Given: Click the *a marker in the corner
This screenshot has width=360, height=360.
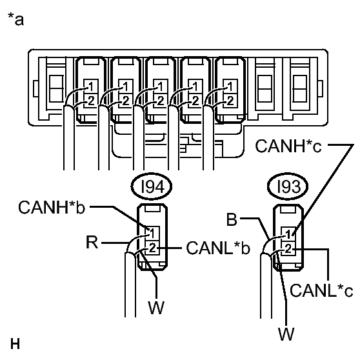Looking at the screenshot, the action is click(15, 19).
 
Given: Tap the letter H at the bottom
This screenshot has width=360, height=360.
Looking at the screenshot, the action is click(15, 344).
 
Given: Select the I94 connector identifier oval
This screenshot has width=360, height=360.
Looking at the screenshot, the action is click(152, 186).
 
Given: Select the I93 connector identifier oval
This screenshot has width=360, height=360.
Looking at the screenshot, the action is click(288, 186).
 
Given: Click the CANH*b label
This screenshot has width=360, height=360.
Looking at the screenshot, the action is click(52, 207).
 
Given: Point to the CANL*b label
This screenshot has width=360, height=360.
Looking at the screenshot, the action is click(218, 248).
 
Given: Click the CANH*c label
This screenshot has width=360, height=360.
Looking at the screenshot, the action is click(288, 146).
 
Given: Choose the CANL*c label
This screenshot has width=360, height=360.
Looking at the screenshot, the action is click(321, 290).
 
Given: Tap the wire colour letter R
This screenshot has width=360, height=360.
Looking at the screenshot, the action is click(92, 242).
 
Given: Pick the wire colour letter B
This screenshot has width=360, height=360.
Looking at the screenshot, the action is click(232, 219).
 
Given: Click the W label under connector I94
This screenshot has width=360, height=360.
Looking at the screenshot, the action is click(156, 307).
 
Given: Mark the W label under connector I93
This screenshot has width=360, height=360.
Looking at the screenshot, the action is click(286, 334).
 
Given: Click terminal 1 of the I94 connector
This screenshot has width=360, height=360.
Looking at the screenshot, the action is click(152, 234).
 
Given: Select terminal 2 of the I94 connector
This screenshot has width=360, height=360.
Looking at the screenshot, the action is click(152, 248).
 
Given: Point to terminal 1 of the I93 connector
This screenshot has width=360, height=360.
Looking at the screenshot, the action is click(288, 234).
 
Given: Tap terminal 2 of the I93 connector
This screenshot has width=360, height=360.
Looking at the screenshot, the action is click(288, 248).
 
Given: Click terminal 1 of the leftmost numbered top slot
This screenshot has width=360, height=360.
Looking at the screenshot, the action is click(91, 86).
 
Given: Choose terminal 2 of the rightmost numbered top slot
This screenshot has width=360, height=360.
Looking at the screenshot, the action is click(230, 101).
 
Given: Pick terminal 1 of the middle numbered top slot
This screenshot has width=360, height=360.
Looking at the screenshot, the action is click(161, 86).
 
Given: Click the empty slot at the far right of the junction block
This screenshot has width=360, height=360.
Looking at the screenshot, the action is click(300, 88).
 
